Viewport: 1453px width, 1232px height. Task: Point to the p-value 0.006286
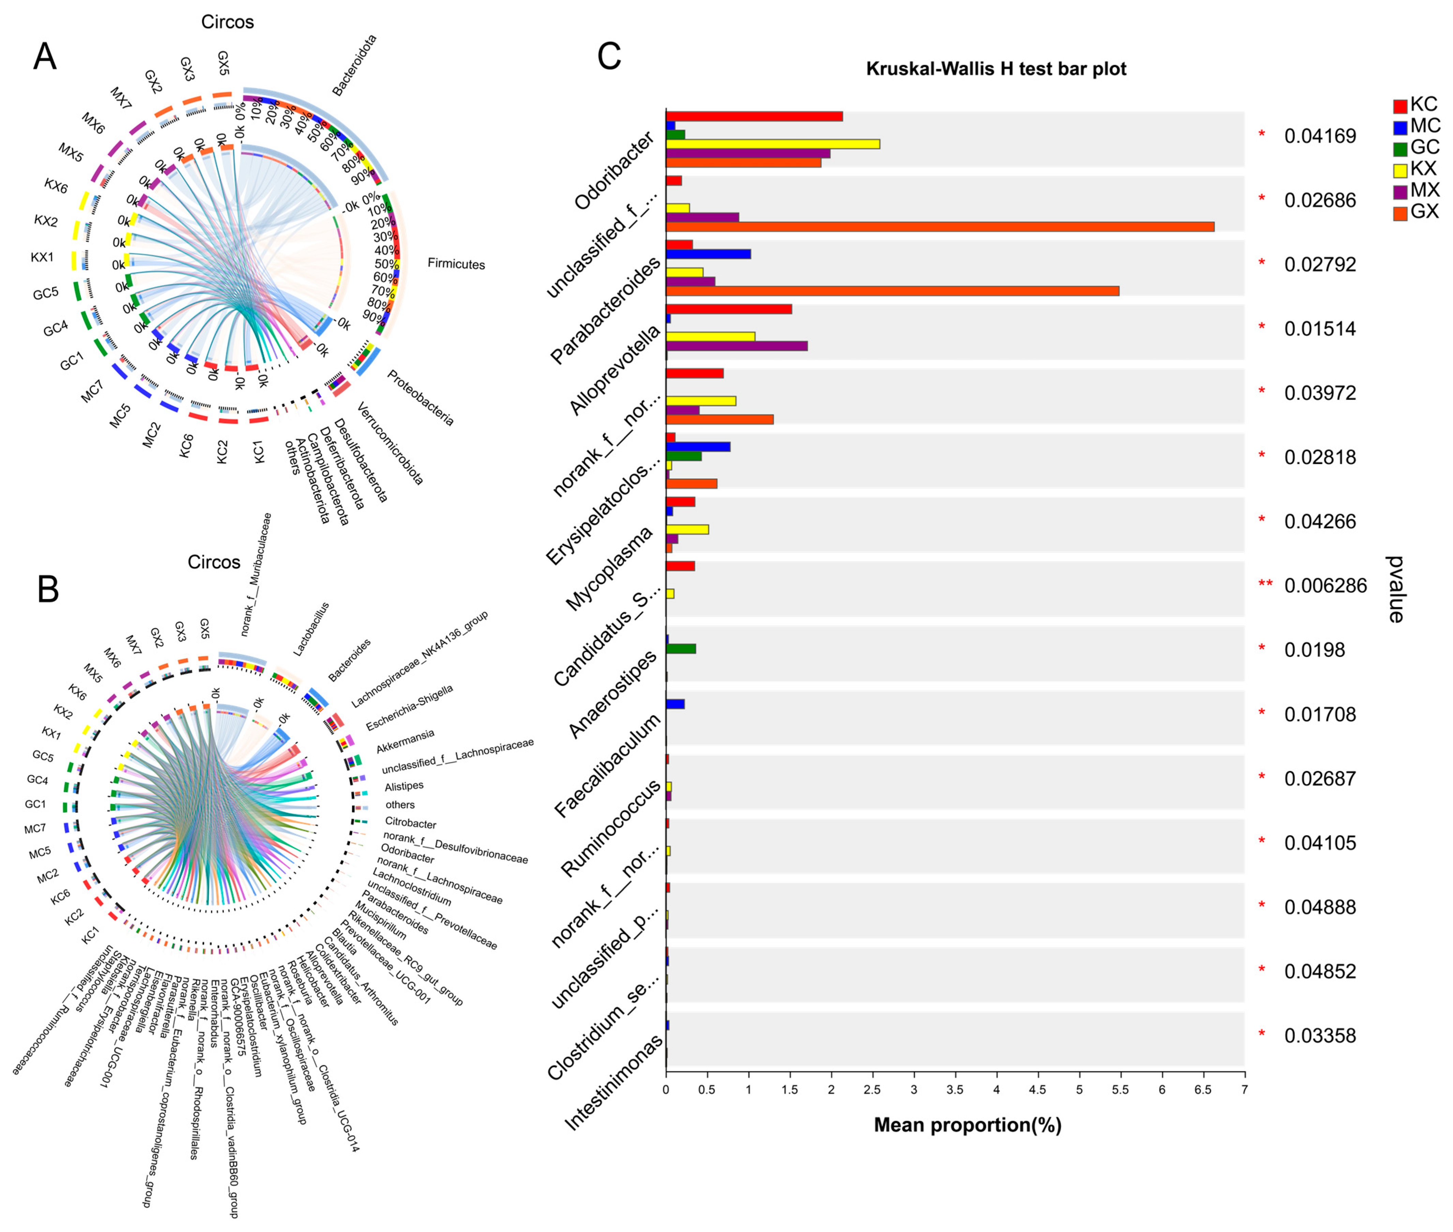[x=1325, y=585]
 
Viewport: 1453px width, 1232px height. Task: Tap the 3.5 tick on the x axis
[x=954, y=1090]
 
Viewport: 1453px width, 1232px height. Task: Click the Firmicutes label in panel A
[x=456, y=264]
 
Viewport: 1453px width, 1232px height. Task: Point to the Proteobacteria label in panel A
[x=420, y=398]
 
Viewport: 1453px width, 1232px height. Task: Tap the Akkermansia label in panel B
[x=405, y=741]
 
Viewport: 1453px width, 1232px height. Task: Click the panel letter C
[x=609, y=56]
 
